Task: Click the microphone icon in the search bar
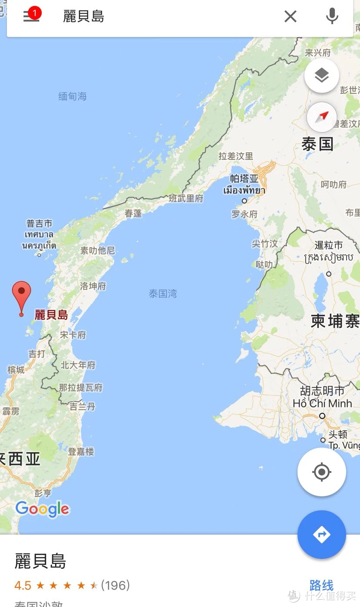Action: pyautogui.click(x=332, y=17)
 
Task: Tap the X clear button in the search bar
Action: pyautogui.click(x=290, y=17)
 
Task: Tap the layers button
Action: pyautogui.click(x=322, y=76)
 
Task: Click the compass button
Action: pyautogui.click(x=322, y=117)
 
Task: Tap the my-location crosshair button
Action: pyautogui.click(x=322, y=472)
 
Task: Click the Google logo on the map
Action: pyautogui.click(x=42, y=509)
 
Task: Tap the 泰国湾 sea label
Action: pyautogui.click(x=163, y=294)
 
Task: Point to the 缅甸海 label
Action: pyautogui.click(x=73, y=96)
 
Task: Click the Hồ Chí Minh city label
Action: pyautogui.click(x=322, y=404)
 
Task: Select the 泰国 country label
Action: pyautogui.click(x=318, y=144)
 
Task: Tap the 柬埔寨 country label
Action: pyautogui.click(x=335, y=321)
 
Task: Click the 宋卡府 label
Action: pyautogui.click(x=73, y=335)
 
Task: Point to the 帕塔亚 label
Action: pyautogui.click(x=244, y=179)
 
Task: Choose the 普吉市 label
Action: pyautogui.click(x=39, y=223)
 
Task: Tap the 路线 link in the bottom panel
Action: pyautogui.click(x=321, y=585)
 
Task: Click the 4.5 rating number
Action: pyautogui.click(x=23, y=586)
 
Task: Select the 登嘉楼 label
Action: pyautogui.click(x=81, y=452)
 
